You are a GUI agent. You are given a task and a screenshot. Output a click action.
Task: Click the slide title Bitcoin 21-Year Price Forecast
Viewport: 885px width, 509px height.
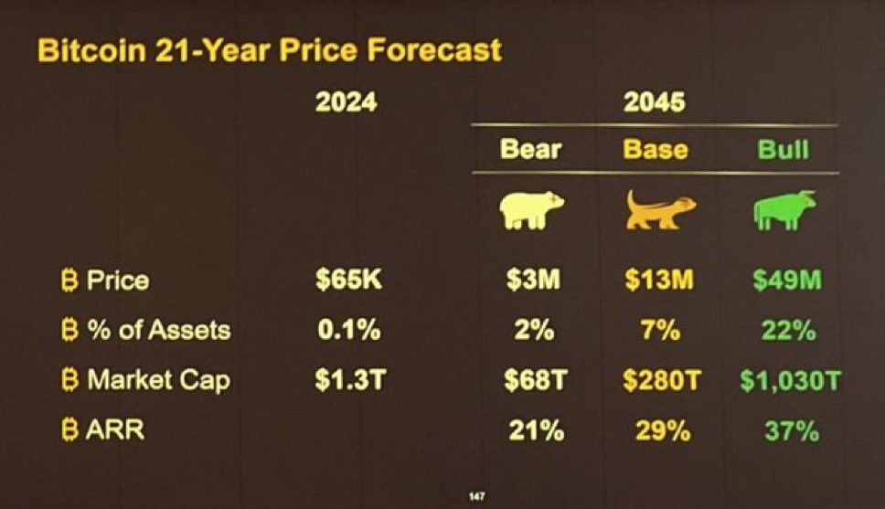269,49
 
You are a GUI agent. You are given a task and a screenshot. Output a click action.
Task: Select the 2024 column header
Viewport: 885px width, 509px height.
346,101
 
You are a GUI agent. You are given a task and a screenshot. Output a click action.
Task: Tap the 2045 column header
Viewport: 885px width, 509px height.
654,101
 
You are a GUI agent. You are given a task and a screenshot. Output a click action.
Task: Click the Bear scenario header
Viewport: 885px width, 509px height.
530,149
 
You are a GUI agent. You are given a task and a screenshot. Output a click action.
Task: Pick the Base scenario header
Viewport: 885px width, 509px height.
656,149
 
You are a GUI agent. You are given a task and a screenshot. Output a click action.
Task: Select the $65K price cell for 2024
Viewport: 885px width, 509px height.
347,281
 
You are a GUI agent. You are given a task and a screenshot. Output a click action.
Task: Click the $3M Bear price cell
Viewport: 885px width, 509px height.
533,281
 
